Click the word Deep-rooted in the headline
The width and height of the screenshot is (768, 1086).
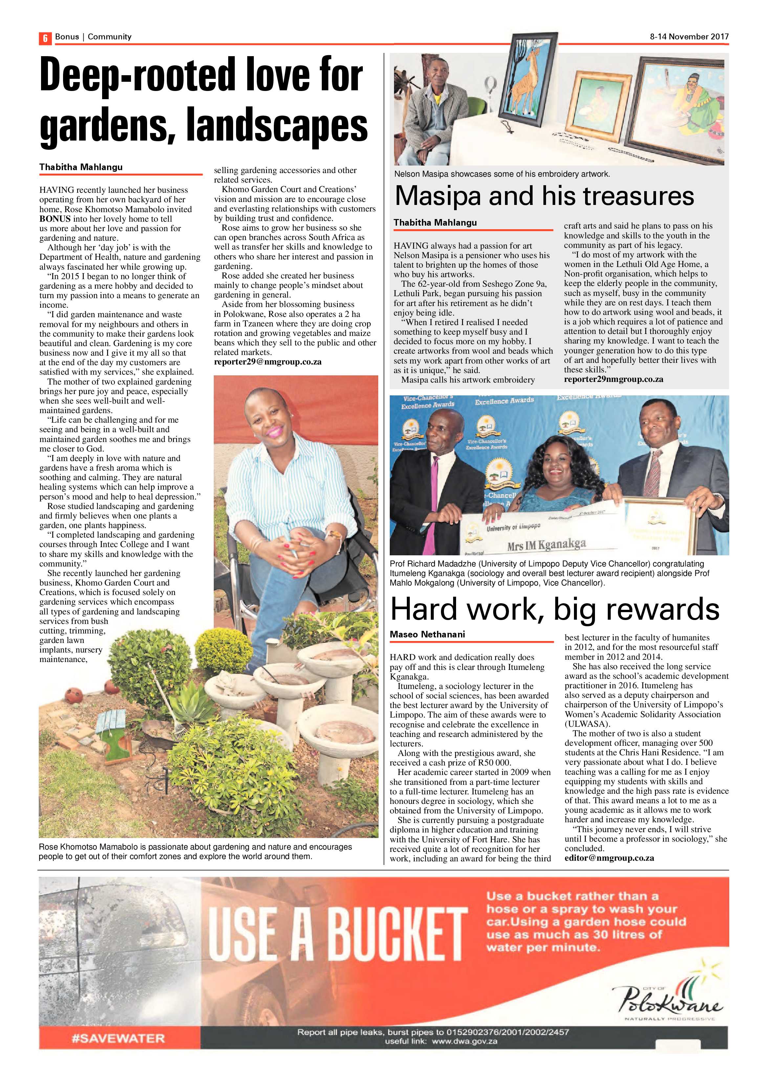click(137, 76)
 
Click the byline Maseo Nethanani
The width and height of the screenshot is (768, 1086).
click(427, 634)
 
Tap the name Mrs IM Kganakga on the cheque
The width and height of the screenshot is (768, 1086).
click(546, 545)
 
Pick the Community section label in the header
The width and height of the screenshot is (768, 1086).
click(109, 36)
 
